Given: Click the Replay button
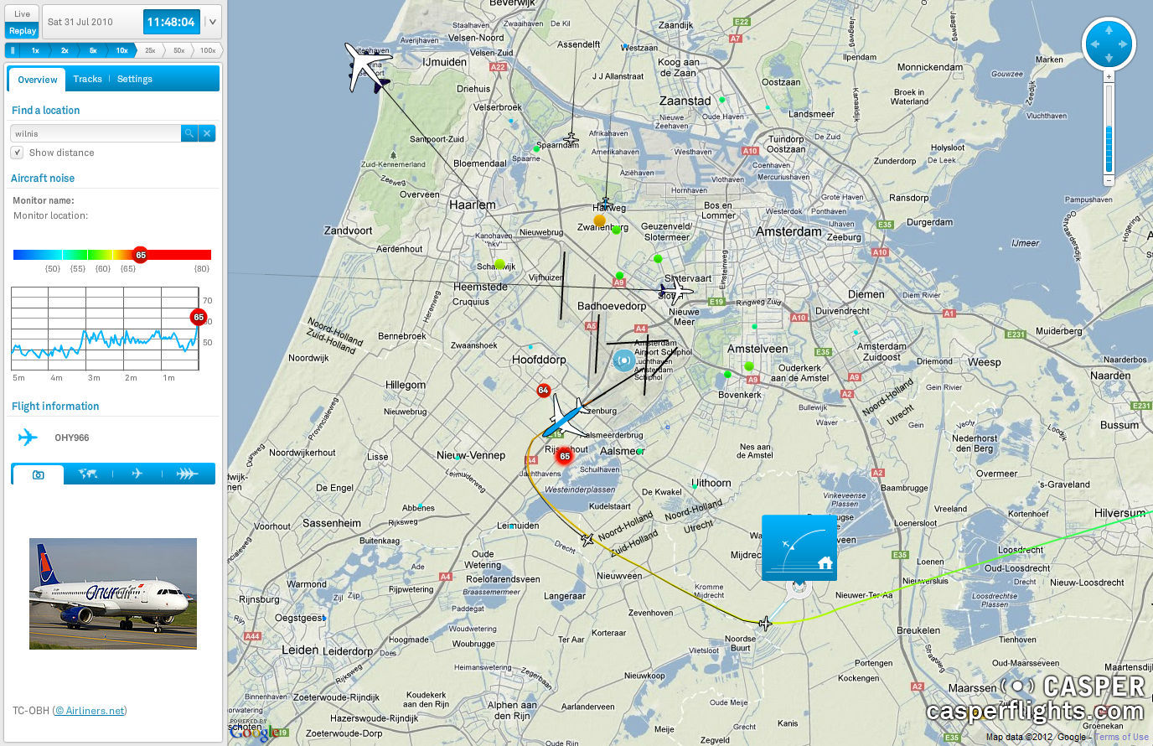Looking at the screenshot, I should point(23,31).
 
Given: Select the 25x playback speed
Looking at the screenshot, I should point(150,50).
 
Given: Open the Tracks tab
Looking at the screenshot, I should point(87,79).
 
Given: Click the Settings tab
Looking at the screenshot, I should point(135,79).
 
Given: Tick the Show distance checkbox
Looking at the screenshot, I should point(17,153).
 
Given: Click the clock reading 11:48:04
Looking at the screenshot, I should point(171,22).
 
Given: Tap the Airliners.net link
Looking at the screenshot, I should point(90,711).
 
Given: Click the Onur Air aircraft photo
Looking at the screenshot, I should point(113,593).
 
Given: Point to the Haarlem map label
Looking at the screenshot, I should point(473,205).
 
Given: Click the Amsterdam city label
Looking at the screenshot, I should point(788,231).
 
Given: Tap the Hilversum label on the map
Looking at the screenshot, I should point(1119,513).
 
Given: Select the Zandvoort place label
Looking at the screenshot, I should point(348,231).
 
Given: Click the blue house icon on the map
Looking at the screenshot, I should point(799,547).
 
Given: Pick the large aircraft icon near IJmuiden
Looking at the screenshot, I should point(366,67).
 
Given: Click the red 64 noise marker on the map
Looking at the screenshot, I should point(543,391).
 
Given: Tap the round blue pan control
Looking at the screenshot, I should point(1109,44).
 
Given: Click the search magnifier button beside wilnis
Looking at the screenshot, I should point(189,133).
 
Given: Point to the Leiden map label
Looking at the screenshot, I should point(300,650).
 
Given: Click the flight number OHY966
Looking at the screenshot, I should point(72,438).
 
